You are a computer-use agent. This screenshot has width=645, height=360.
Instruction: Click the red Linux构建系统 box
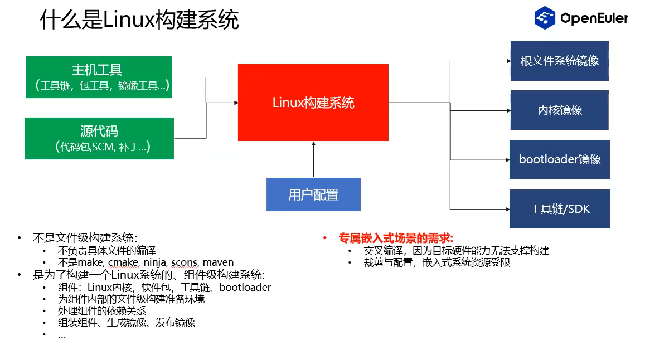tap(313, 103)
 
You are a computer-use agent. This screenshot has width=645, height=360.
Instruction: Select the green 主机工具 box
tap(99, 77)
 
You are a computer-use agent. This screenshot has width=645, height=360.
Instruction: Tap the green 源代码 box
tap(99, 138)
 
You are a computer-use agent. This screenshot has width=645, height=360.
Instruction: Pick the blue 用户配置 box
tap(313, 194)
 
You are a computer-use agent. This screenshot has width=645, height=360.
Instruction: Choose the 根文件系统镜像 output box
tap(559, 61)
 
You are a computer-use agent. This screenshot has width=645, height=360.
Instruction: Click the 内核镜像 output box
tap(559, 110)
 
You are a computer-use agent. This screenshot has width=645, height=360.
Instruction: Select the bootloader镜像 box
tap(559, 159)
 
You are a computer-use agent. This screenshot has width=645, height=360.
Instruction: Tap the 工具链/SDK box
tap(559, 209)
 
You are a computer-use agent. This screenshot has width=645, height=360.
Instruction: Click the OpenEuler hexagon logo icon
tap(545, 18)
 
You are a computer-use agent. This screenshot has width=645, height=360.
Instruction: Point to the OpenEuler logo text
tap(594, 18)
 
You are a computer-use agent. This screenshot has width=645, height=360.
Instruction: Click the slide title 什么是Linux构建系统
tap(139, 20)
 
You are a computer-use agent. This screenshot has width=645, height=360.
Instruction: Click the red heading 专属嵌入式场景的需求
tap(395, 238)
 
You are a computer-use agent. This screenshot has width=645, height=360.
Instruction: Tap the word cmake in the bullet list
tap(123, 262)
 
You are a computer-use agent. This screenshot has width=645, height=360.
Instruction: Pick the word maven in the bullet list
tap(218, 262)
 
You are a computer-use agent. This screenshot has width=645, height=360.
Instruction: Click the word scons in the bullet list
tap(184, 262)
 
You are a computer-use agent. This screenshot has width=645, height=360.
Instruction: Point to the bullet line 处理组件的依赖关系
tap(101, 310)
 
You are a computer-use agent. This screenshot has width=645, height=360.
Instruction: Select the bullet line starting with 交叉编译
tap(456, 250)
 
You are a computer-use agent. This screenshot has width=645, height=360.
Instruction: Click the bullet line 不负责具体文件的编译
tap(106, 250)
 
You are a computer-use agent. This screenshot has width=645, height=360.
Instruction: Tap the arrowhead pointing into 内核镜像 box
tap(507, 110)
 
